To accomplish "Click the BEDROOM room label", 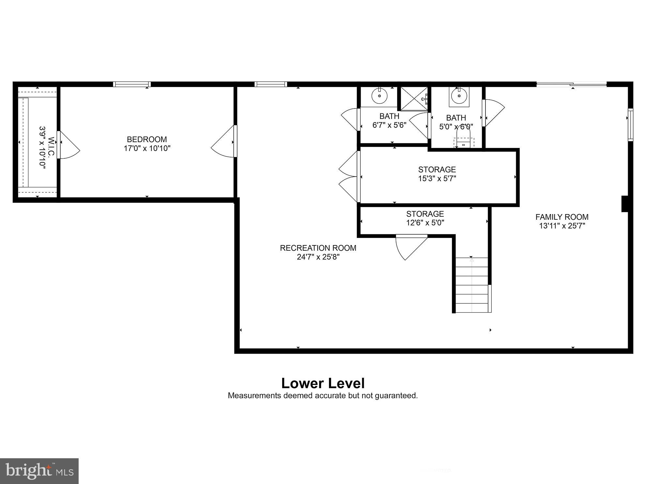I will pyautogui.click(x=147, y=139).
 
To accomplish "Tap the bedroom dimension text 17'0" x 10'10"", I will pyautogui.click(x=147, y=149).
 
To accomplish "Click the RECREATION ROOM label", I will pyautogui.click(x=318, y=248).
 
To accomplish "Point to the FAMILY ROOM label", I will pyautogui.click(x=562, y=217).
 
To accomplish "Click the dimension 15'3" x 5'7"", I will pyautogui.click(x=437, y=179).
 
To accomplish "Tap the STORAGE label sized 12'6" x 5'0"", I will pyautogui.click(x=425, y=214).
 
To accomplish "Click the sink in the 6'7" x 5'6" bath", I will pyautogui.click(x=379, y=96).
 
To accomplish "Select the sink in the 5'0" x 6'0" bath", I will pyautogui.click(x=459, y=96).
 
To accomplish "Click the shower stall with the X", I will pyautogui.click(x=414, y=99).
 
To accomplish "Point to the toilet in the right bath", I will pyautogui.click(x=463, y=139).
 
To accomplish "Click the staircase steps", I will pyautogui.click(x=472, y=285).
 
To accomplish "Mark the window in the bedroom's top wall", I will pyautogui.click(x=132, y=84).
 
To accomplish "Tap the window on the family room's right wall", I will pyautogui.click(x=630, y=125).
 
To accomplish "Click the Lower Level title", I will pyautogui.click(x=323, y=383).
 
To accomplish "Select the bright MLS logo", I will pyautogui.click(x=39, y=471).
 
